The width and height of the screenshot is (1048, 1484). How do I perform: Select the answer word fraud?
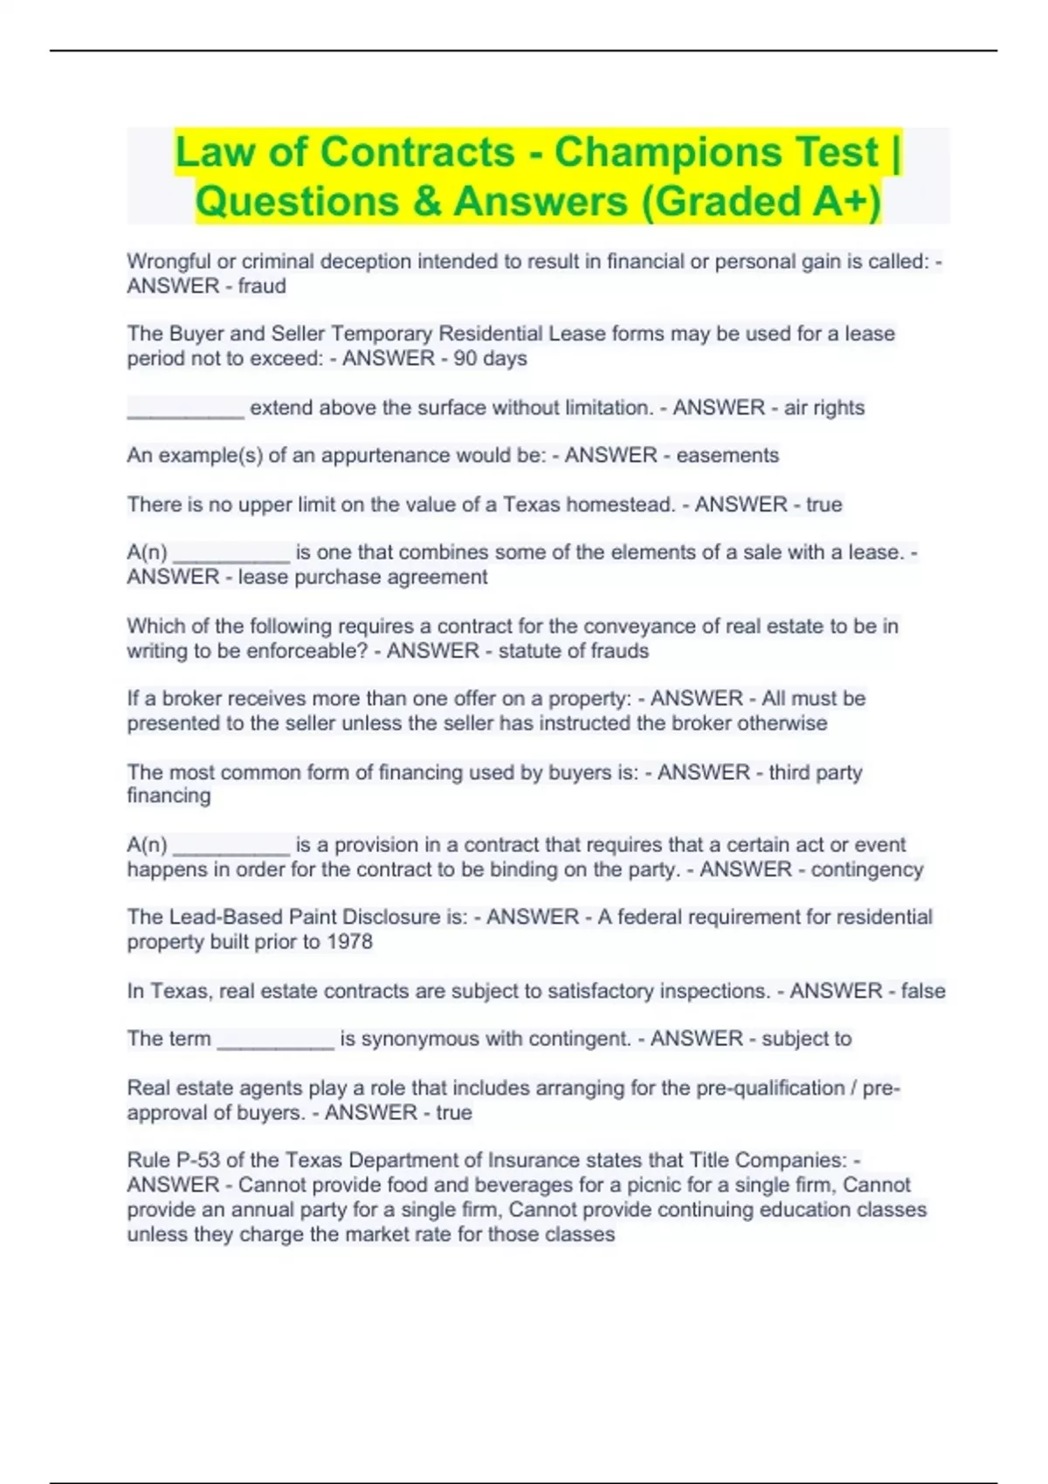click(x=262, y=286)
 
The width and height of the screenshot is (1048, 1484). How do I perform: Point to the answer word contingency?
click(x=866, y=869)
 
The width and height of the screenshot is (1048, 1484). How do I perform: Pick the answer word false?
click(x=923, y=991)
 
